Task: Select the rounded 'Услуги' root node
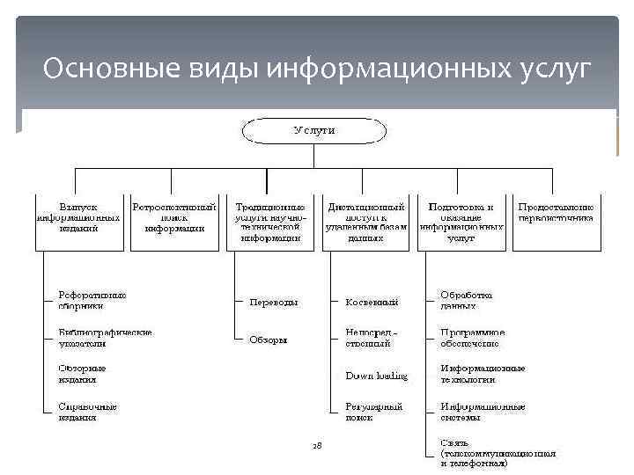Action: [314, 131]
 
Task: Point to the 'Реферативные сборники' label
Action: [92, 301]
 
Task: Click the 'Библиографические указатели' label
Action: [104, 339]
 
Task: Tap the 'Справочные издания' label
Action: [87, 413]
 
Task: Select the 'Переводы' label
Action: [274, 302]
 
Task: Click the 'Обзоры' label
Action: [268, 340]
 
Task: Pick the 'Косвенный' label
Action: [372, 302]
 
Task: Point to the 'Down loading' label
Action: [376, 376]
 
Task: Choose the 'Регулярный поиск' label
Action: [373, 413]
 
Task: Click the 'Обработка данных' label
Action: [467, 301]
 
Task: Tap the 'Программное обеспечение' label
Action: [473, 339]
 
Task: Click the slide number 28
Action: [317, 446]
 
